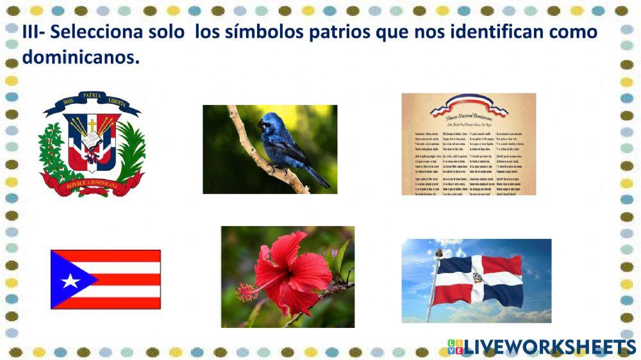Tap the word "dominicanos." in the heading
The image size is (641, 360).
81,58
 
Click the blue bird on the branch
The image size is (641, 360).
285,143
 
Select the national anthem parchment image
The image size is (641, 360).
469,144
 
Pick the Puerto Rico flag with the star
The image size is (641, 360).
106,279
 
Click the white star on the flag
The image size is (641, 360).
69,280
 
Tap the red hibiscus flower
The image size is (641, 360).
292,269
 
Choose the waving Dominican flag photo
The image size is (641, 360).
476,281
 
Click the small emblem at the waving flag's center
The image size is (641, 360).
478,279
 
